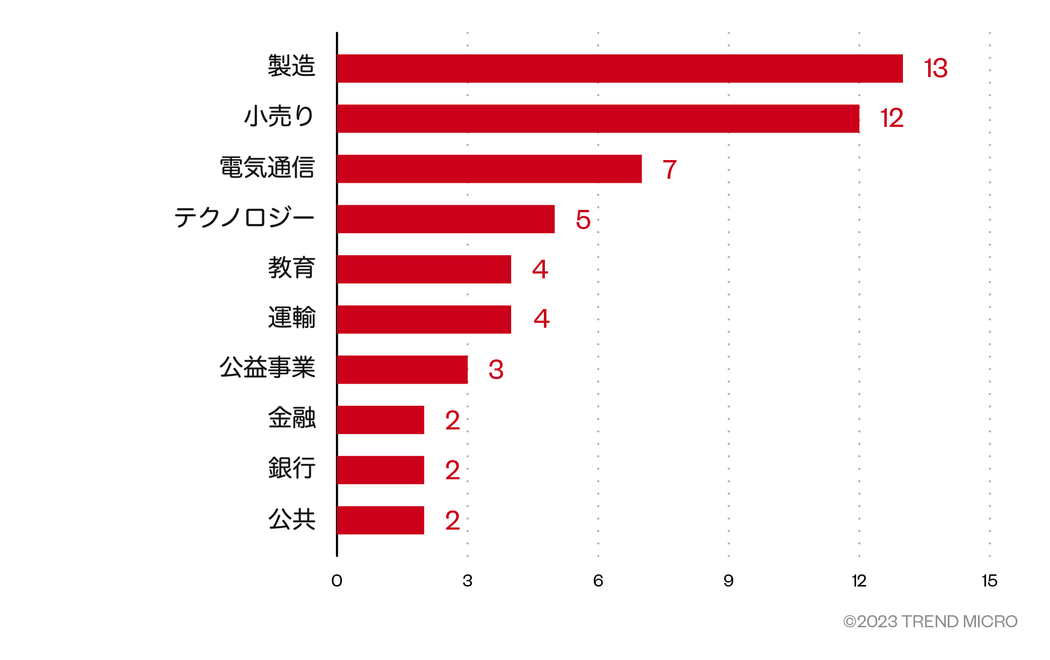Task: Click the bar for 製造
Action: pos(619,68)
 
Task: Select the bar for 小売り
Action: pos(598,119)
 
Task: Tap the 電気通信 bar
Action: pos(489,169)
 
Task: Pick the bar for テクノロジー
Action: pos(446,219)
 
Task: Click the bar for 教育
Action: pos(424,269)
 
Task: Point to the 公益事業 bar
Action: pos(402,370)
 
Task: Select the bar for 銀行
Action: pos(381,470)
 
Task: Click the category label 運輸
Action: pos(292,318)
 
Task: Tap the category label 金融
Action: pos(292,418)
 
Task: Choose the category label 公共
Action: pos(292,519)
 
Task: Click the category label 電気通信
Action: pos(267,167)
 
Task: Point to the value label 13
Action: pos(935,68)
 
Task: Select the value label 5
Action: pos(583,220)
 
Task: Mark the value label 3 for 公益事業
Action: pos(496,370)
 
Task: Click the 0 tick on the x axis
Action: pos(337,581)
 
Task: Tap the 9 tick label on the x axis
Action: pos(728,581)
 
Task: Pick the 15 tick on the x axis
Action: pos(989,581)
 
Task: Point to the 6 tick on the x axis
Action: pos(598,581)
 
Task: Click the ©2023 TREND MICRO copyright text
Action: pos(930,622)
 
